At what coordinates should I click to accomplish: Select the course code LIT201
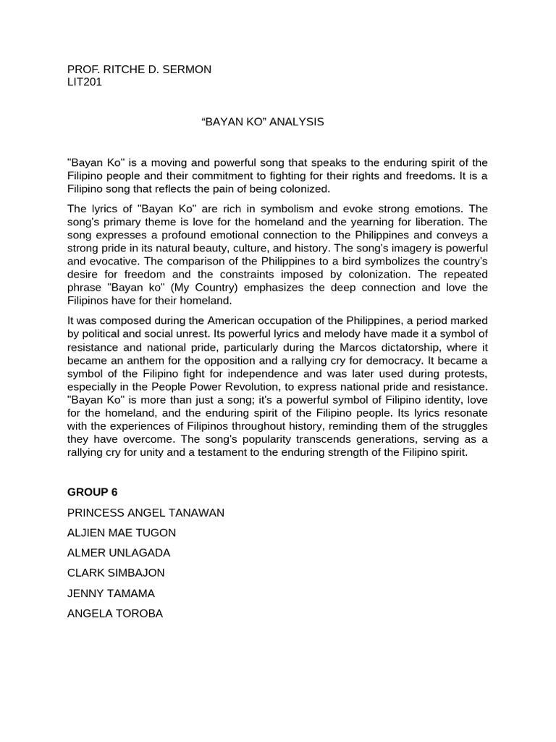[x=85, y=82]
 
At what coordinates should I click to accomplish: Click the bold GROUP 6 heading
[x=93, y=492]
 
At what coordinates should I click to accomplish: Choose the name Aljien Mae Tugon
[x=122, y=533]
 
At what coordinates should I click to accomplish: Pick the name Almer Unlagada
[x=119, y=553]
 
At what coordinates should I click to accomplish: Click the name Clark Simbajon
[x=116, y=572]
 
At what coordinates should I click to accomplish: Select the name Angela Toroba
[x=115, y=613]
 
